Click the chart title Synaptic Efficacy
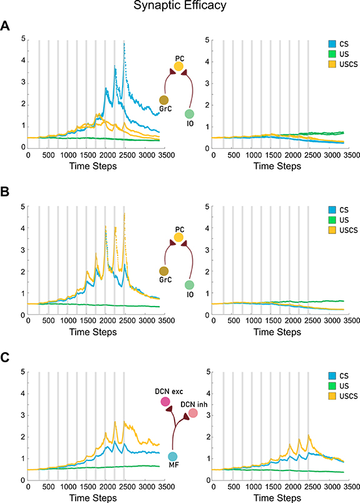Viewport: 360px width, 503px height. (180, 8)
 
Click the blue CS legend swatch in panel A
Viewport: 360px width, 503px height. (333, 43)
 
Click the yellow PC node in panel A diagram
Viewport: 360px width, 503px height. (178, 66)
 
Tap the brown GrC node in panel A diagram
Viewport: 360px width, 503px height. (164, 100)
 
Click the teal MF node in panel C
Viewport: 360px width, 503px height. (172, 457)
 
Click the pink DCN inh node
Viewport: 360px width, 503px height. (193, 413)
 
